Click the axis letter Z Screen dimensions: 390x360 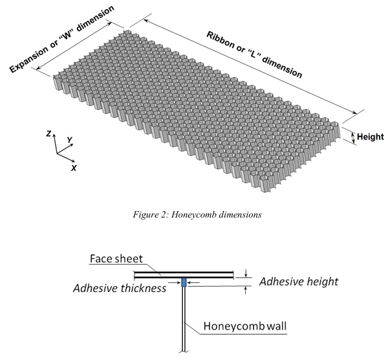coord(49,133)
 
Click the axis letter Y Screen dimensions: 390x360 coord(70,140)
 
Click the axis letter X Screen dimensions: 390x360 coord(74,168)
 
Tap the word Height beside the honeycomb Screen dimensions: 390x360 coord(371,137)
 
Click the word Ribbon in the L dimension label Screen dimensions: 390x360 coord(220,40)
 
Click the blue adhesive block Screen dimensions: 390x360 coord(184,282)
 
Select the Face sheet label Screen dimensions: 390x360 coord(116,259)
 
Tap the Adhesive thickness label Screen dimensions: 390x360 coord(120,288)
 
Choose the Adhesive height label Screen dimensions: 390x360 coord(299,282)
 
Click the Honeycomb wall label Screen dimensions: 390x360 coord(245,326)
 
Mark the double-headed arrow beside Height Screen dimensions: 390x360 coord(353,137)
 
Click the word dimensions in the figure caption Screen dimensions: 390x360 coord(241,214)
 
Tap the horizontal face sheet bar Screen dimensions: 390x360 coord(184,275)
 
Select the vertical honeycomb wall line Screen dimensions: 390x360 coord(184,319)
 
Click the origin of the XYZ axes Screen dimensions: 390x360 coord(57,153)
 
